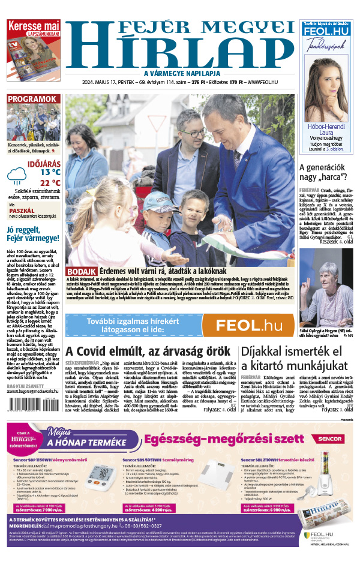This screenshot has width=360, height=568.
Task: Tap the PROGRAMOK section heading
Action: coord(32,100)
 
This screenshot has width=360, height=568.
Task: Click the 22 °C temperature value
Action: coord(50,182)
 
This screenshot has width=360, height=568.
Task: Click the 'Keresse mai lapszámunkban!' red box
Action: coord(32,28)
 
